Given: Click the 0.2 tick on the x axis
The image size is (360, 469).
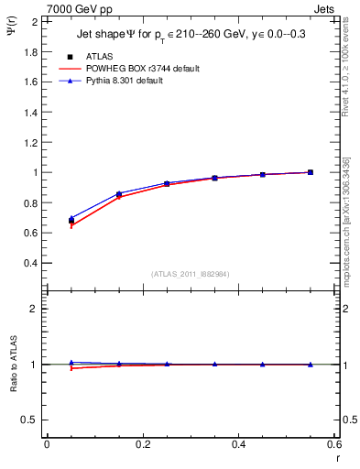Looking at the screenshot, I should tap(143, 445).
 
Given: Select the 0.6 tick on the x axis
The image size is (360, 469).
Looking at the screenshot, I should tap(334, 445).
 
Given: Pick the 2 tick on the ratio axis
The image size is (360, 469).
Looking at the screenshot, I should tap(33, 309).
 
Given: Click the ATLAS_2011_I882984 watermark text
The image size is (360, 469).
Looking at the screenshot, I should tap(190, 274).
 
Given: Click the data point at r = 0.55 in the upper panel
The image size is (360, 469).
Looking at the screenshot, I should tap(311, 172).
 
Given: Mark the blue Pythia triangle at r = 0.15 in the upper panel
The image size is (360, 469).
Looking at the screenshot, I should tap(119, 193).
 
